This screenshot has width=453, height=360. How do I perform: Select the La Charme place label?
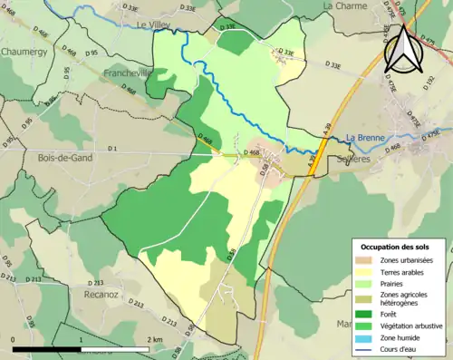[x=344, y=5]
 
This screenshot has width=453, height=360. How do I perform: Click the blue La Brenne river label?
[x=364, y=138]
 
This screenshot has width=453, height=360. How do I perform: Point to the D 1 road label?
[x=112, y=148]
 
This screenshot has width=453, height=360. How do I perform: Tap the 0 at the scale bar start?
[x=14, y=339]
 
